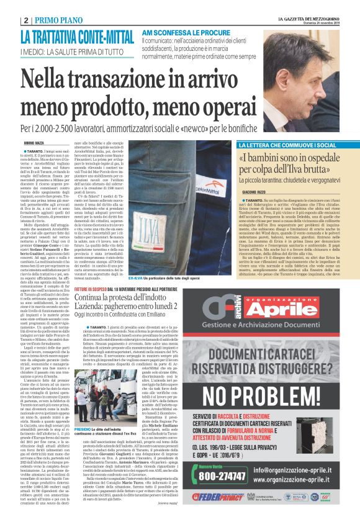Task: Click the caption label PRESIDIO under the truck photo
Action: click(x=83, y=446)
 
